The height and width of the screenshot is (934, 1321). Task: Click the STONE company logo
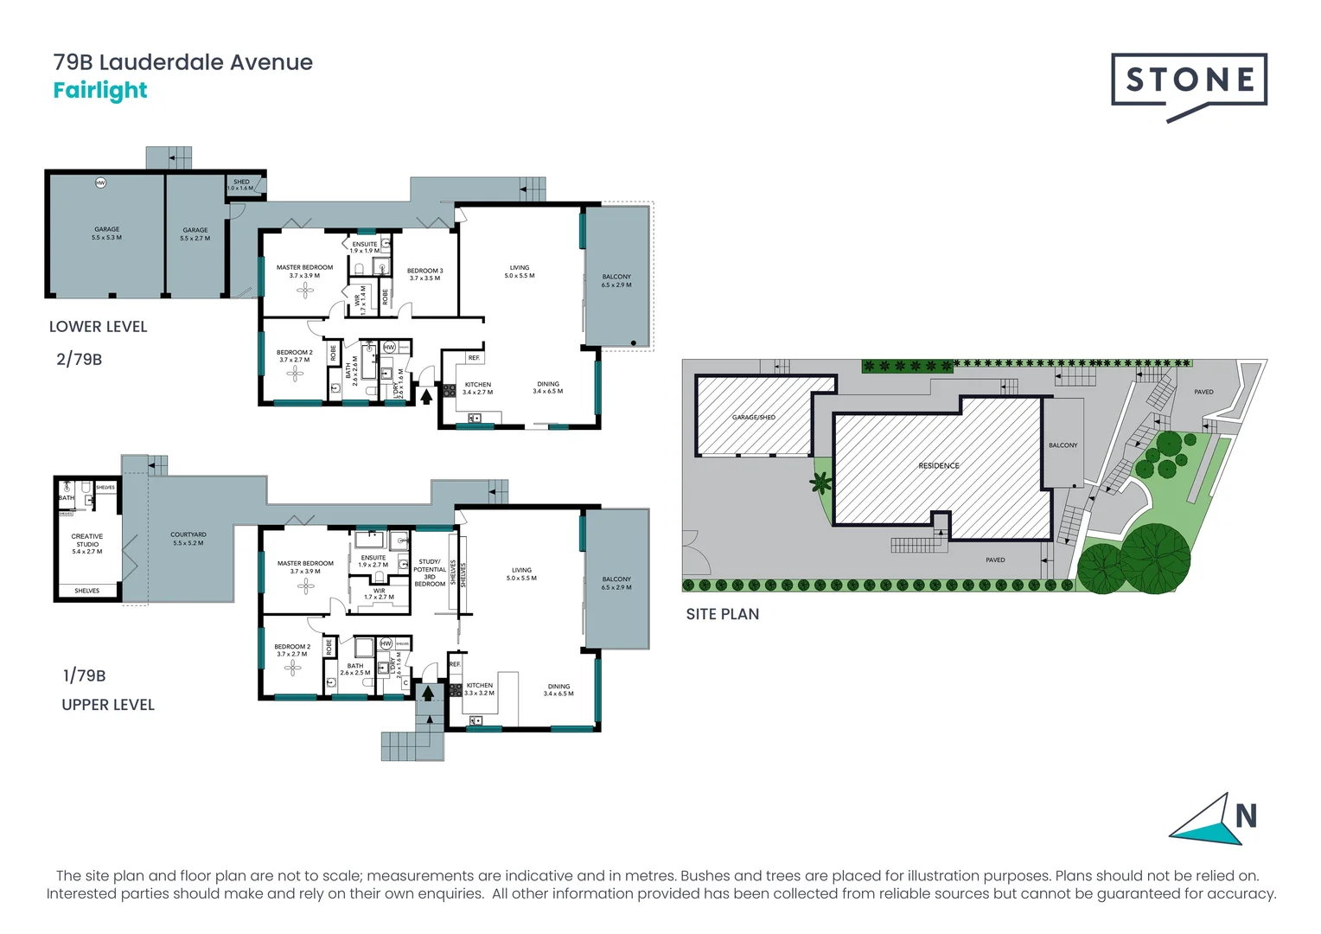pos(1189,83)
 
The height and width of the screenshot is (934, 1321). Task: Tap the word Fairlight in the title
pos(100,91)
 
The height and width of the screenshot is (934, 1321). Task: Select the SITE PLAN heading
pos(722,614)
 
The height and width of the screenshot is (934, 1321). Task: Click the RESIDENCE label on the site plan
pos(938,466)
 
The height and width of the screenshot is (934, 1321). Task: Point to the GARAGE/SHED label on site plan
pos(753,418)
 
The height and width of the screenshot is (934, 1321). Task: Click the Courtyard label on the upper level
pos(188,538)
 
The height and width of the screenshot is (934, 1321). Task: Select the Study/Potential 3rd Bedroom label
pos(430,573)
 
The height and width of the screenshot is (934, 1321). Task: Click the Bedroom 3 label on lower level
pos(424,274)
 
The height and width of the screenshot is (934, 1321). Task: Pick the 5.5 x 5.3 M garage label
pos(107,233)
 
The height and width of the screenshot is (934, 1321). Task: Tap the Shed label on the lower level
pos(241,184)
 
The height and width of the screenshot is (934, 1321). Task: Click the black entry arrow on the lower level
pos(425,396)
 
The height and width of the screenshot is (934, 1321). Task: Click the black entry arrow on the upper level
pos(427,693)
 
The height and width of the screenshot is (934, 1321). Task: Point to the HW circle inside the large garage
pos(100,182)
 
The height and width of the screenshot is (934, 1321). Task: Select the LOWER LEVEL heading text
pos(98,327)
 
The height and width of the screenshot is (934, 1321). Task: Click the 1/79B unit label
pos(84,675)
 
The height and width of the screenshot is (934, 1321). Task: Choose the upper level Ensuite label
pos(373,561)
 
